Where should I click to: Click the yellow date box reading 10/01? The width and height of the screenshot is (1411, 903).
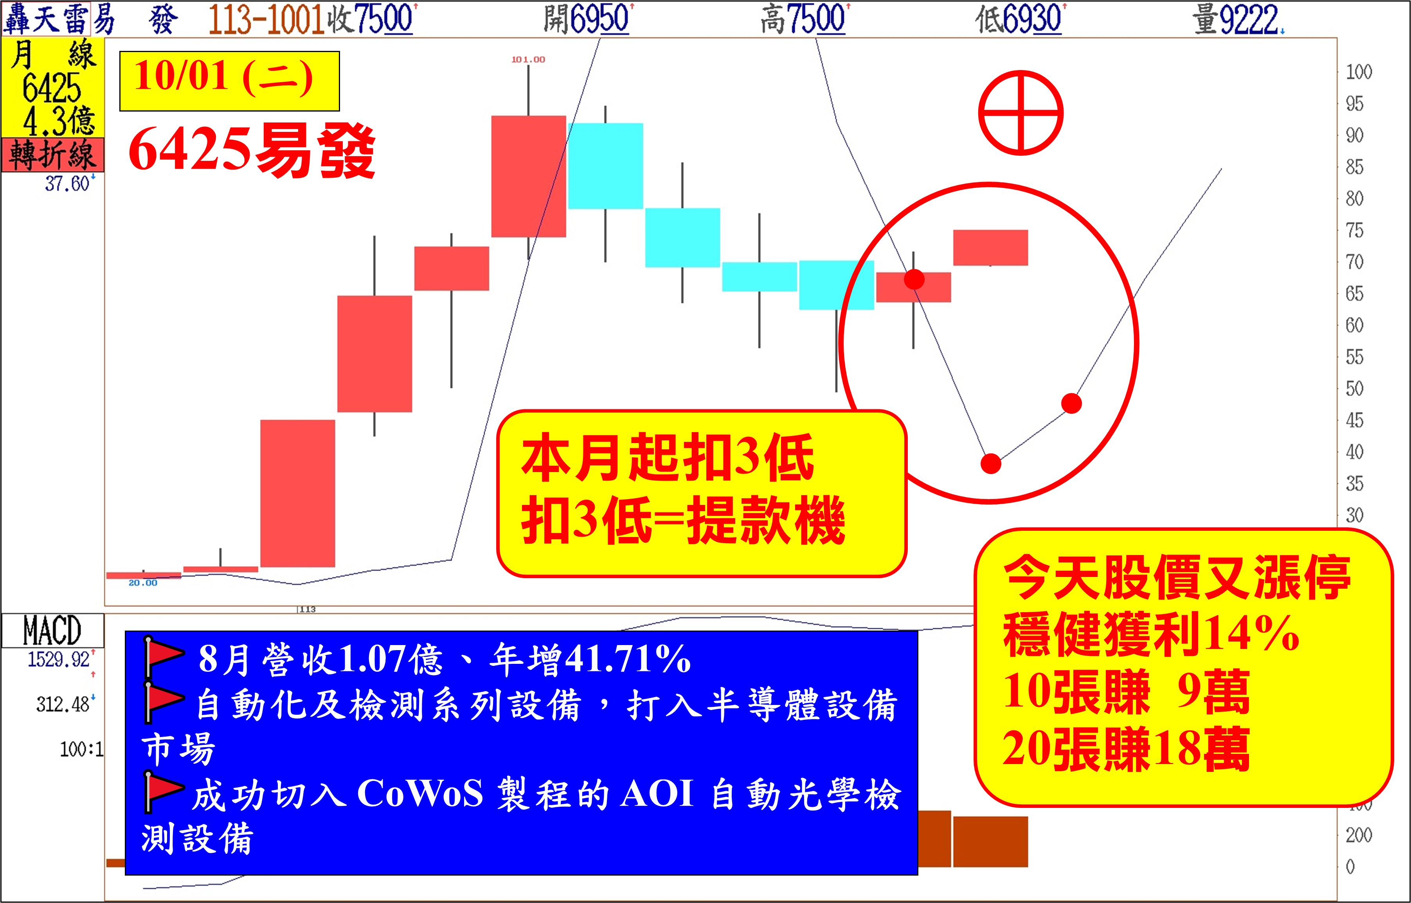[x=229, y=81]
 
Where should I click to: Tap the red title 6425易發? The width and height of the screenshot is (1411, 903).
[x=252, y=151]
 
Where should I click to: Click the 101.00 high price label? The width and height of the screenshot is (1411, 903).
[x=528, y=59]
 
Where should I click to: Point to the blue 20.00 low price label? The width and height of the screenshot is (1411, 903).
[x=143, y=583]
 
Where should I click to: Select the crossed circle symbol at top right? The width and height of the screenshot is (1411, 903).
[x=1020, y=113]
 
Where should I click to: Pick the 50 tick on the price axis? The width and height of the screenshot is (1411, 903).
[x=1354, y=388]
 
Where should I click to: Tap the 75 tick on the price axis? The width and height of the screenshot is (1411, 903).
[x=1354, y=231]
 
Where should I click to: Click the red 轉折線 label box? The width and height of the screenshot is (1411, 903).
[x=53, y=155]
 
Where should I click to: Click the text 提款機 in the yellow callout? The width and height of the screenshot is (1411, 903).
[x=765, y=520]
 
